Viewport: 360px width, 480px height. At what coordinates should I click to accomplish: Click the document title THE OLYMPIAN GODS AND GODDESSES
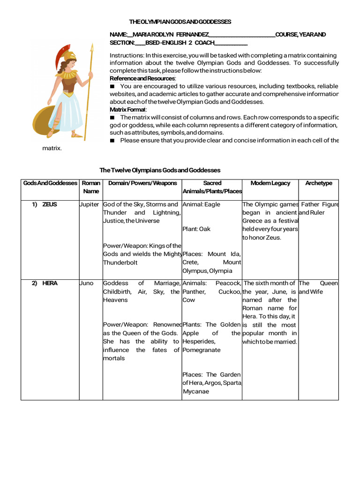coord(180,22)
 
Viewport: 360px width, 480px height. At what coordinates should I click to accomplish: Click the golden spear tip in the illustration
coord(91,47)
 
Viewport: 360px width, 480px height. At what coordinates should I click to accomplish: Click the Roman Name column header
coord(91,187)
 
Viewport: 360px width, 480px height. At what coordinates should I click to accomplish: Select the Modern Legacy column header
coord(270,183)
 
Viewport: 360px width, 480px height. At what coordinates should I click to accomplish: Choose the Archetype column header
coord(318,183)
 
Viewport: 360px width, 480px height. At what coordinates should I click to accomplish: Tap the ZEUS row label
coord(50,204)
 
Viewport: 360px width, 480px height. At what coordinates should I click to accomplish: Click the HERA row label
coord(50,283)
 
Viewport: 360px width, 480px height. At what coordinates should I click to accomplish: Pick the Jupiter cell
coord(90,204)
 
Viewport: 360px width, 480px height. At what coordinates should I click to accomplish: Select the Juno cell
coord(87,283)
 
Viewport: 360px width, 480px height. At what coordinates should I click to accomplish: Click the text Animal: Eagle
coord(201,204)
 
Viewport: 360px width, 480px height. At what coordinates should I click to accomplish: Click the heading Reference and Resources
coord(142,78)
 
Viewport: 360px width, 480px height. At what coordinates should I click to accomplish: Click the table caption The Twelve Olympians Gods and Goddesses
coord(160,170)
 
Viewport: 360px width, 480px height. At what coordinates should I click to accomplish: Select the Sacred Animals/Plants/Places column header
coord(212,187)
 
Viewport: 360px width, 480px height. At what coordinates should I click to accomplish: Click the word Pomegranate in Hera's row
coord(201,350)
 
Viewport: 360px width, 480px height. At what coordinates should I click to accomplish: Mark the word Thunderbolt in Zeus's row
coord(120,262)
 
